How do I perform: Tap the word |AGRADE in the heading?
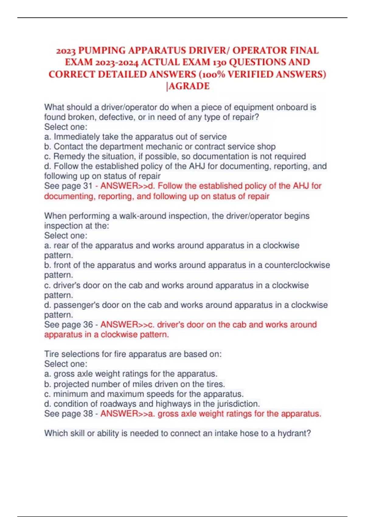coord(188,86)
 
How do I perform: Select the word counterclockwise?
coord(297,265)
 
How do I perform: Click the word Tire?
coord(51,354)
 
